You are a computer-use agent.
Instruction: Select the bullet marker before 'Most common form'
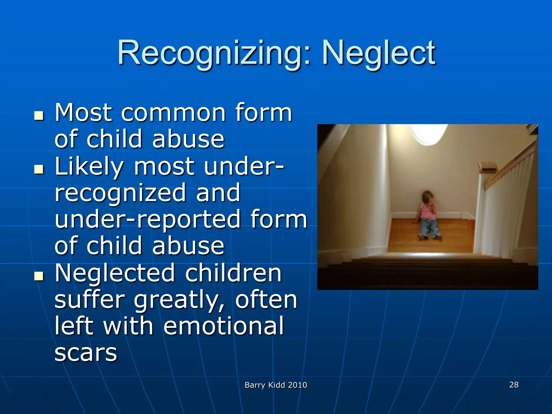pyautogui.click(x=39, y=116)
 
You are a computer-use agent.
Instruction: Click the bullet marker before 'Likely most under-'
pyautogui.click(x=39, y=170)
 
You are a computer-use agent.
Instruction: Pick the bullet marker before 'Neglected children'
pyautogui.click(x=39, y=276)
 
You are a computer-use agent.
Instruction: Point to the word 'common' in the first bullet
pyautogui.click(x=173, y=113)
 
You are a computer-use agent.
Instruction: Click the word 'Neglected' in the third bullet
pyautogui.click(x=115, y=273)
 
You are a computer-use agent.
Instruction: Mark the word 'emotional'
pyautogui.click(x=223, y=326)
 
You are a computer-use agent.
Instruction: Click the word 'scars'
pyautogui.click(x=86, y=353)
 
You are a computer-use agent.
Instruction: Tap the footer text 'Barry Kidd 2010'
pyautogui.click(x=276, y=385)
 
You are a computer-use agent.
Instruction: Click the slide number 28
pyautogui.click(x=514, y=385)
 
